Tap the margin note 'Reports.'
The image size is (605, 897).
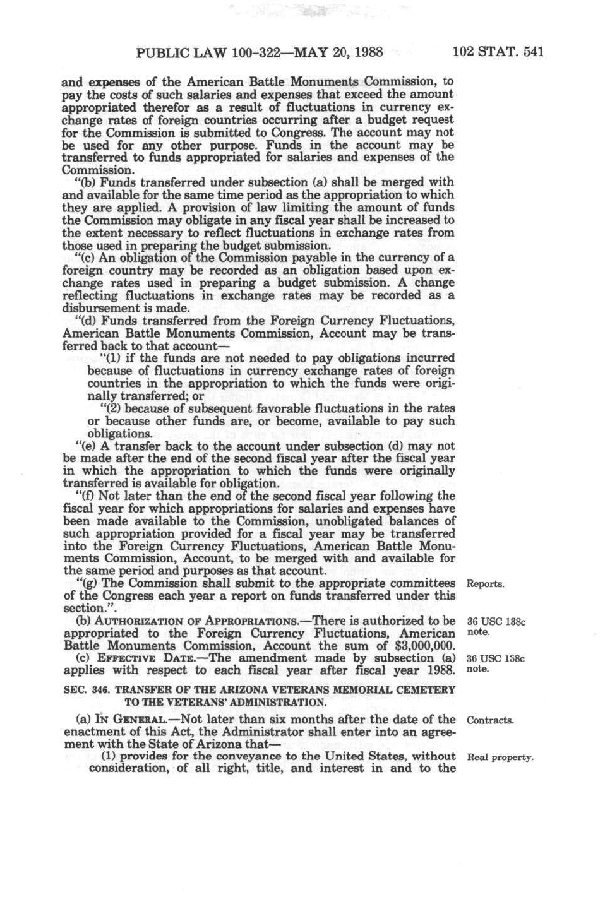point(484,585)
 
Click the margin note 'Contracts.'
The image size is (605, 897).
point(489,720)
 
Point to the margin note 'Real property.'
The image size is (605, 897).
point(500,757)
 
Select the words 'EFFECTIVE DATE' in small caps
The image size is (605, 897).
point(131,658)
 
